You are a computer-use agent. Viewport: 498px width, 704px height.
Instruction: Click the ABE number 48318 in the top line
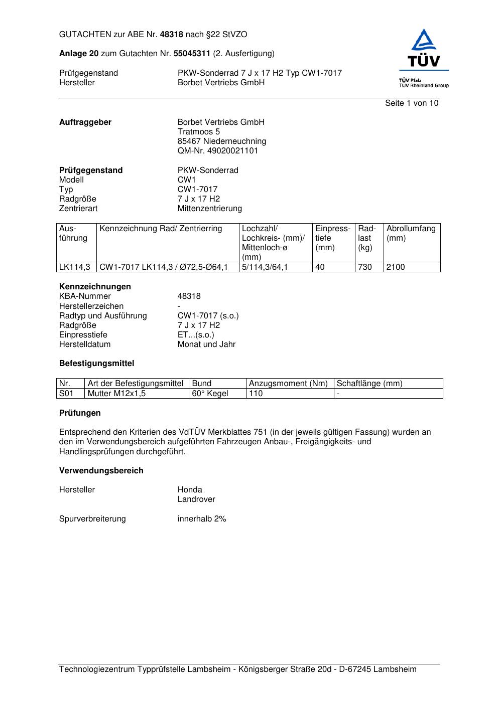tap(172, 35)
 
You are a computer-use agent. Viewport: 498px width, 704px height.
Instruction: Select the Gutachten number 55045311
tap(192, 54)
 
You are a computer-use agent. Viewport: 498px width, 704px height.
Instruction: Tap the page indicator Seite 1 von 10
tap(411, 103)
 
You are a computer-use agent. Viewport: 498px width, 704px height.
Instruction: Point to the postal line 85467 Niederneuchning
tap(221, 141)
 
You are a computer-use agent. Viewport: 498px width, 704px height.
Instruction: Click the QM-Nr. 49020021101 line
tap(217, 151)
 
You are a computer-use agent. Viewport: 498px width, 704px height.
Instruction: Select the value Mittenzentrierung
tap(209, 209)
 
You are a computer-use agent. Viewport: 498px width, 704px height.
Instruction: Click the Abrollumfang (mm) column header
tap(411, 233)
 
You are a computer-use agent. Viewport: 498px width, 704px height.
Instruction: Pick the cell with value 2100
tap(396, 267)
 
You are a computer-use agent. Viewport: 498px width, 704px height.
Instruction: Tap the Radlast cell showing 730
tap(365, 267)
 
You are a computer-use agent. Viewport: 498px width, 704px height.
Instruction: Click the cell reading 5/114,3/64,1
tap(265, 267)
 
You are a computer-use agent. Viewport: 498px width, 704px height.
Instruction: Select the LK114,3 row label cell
tap(74, 267)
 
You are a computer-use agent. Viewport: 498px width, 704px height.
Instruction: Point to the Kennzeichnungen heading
tap(95, 287)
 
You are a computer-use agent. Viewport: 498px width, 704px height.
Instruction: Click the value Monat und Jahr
tap(206, 344)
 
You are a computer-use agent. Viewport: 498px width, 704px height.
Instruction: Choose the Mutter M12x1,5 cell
tap(116, 394)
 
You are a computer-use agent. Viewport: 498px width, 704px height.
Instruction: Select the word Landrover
tap(196, 499)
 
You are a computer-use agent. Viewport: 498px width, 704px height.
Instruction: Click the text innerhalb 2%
tap(202, 519)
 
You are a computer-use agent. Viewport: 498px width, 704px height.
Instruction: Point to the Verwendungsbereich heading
tap(101, 471)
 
